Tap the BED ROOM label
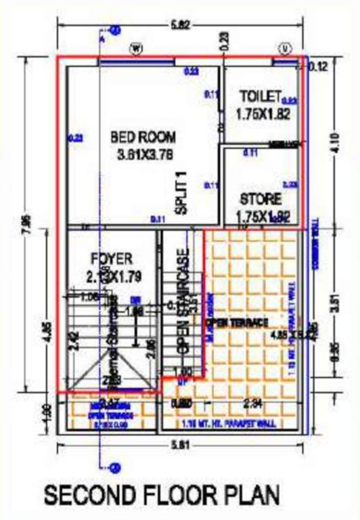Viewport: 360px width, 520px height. click(143, 137)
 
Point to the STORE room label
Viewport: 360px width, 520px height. click(261, 200)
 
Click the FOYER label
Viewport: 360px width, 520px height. click(112, 259)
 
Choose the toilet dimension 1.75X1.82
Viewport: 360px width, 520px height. click(263, 114)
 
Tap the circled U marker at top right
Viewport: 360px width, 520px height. click(286, 48)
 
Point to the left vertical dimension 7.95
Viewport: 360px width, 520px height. click(27, 223)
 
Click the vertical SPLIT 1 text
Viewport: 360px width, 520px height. click(181, 194)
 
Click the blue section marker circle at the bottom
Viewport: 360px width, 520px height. click(114, 467)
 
